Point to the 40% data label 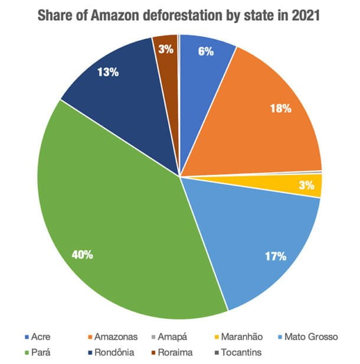(82, 255)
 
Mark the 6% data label (205, 51)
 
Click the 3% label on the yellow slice (306, 186)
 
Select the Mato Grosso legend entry (311, 337)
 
